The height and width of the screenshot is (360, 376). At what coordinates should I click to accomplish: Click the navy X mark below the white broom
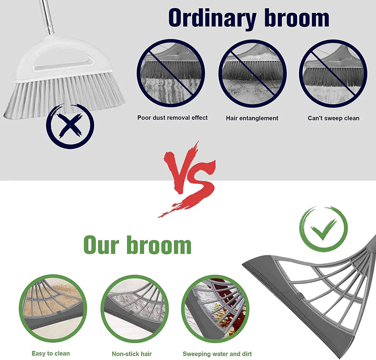(70, 126)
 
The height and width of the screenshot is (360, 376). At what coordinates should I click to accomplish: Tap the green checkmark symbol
(323, 229)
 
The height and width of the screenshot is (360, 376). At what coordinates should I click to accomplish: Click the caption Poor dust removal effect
(172, 118)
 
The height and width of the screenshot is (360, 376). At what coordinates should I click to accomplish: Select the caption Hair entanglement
(252, 118)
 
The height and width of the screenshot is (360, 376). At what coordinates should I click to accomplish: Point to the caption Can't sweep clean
(333, 118)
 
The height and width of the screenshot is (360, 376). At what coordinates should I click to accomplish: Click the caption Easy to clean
(51, 353)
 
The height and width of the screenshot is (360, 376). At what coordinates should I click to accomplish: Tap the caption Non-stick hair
(132, 354)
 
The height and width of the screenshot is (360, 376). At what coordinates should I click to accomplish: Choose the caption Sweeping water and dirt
(217, 354)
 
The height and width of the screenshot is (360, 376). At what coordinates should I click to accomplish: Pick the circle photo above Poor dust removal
(170, 73)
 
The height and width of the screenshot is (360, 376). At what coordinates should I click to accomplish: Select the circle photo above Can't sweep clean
(333, 73)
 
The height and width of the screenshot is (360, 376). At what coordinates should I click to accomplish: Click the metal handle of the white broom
(47, 17)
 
